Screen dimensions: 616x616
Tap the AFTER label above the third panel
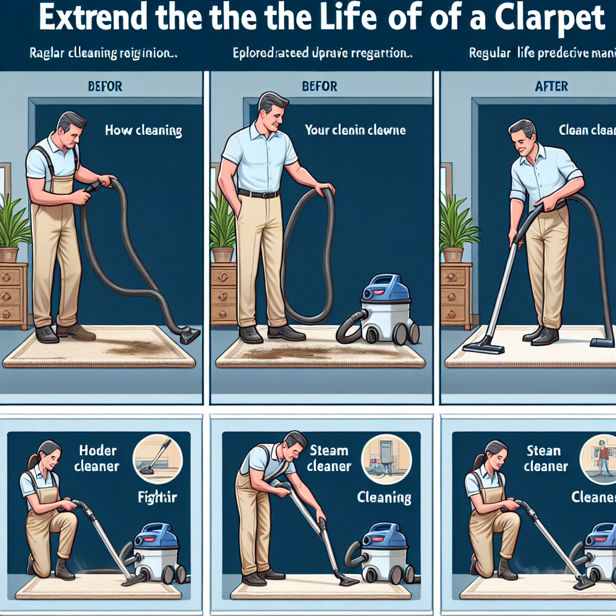click(551, 87)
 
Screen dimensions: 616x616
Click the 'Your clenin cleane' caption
click(355, 130)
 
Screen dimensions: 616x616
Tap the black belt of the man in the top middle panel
click(258, 194)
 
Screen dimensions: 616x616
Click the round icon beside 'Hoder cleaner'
click(152, 457)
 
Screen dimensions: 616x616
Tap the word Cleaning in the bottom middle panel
click(384, 497)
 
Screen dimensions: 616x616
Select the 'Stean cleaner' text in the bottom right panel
click(545, 458)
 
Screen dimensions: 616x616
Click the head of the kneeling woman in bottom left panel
click(49, 452)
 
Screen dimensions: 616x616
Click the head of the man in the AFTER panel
click(522, 135)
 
